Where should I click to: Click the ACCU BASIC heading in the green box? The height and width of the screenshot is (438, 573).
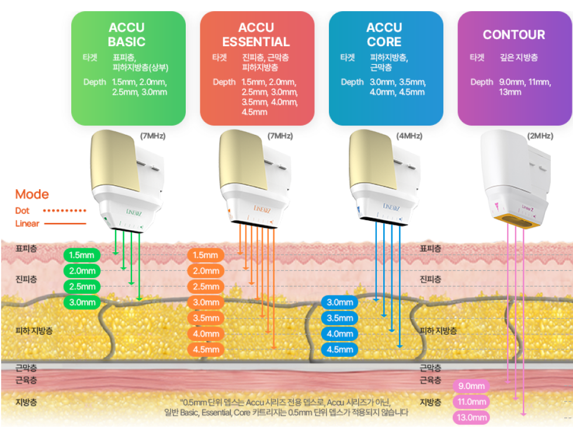coord(127,34)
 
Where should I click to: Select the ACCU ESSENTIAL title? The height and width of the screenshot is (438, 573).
coord(256,34)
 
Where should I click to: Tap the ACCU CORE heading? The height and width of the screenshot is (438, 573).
coord(384,34)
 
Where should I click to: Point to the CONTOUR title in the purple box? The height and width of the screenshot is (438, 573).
coord(513,34)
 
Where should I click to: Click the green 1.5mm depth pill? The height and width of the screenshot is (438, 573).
coord(82,255)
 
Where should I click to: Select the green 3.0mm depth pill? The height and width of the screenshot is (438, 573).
coord(82,303)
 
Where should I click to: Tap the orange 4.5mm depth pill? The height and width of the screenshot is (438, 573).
coord(205,350)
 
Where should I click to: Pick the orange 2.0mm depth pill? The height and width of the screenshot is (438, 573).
coord(205,271)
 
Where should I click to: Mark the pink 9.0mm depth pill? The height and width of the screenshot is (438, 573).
coord(471,386)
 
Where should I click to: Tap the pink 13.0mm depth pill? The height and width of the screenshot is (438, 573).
coord(471,418)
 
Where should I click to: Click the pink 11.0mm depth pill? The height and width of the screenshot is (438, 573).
coord(471,402)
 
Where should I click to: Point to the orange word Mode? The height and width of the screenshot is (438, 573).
coord(32,194)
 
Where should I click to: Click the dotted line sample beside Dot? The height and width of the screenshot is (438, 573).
coord(65,210)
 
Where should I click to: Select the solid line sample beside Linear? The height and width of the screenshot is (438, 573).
coord(65,224)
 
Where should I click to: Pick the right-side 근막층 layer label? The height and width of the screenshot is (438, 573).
coord(430,368)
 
